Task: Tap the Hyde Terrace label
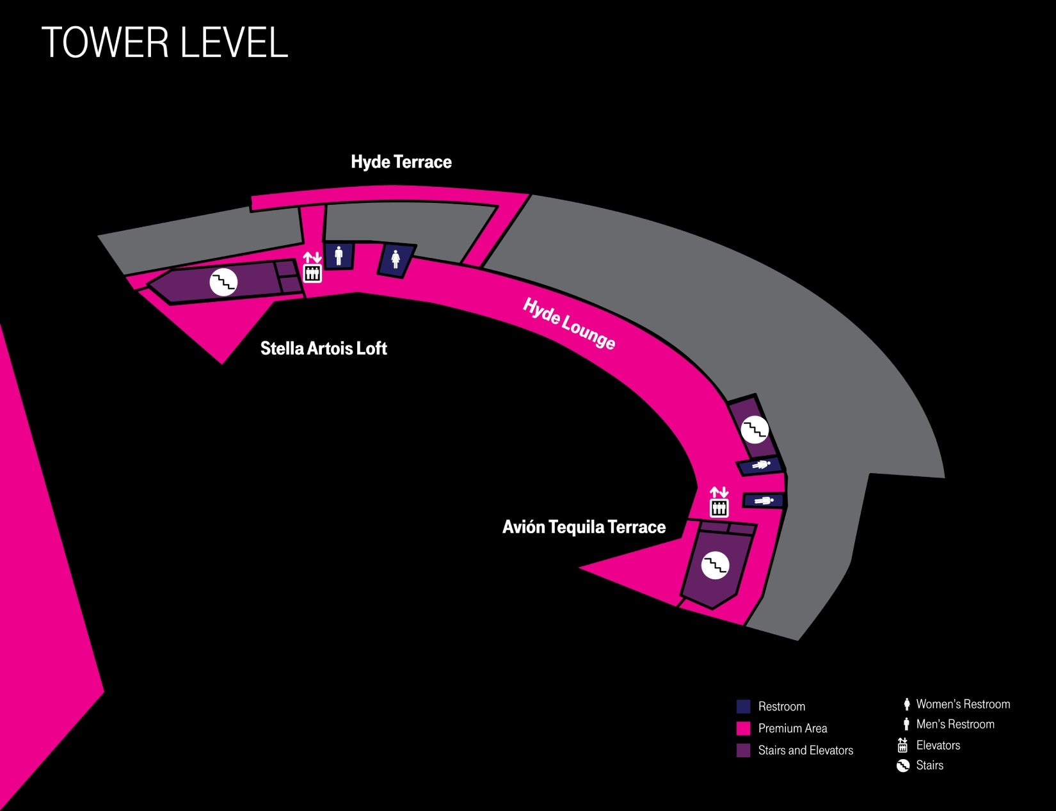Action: (x=401, y=162)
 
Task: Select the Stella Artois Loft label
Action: (x=323, y=348)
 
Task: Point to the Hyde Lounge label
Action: (x=569, y=324)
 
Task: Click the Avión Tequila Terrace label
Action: (x=584, y=527)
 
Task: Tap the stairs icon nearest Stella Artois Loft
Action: (x=224, y=281)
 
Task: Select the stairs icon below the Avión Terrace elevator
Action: (x=715, y=565)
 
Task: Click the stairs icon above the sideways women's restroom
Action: (x=755, y=429)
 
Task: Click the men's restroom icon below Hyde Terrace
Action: (x=339, y=255)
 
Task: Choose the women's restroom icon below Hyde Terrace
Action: (x=396, y=259)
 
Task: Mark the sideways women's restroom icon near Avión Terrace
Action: (x=761, y=465)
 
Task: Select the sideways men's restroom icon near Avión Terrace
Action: (x=764, y=501)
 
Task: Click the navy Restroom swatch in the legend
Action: (x=743, y=707)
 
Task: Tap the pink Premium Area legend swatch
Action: (x=743, y=728)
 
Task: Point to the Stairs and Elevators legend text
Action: (x=805, y=750)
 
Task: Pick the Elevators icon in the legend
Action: (x=903, y=745)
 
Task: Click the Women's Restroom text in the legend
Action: (x=963, y=704)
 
